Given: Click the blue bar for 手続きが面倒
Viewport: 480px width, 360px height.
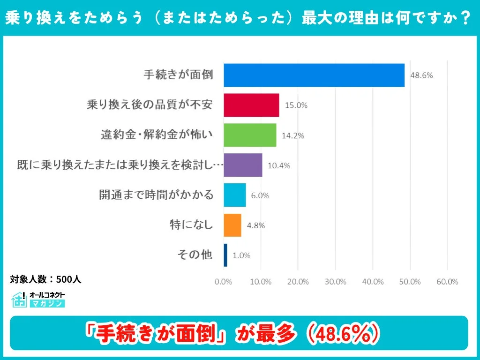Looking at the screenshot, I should tap(314, 75).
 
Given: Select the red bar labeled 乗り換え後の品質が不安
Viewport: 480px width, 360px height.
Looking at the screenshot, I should tap(251, 105).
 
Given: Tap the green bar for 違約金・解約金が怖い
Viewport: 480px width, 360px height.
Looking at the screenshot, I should tap(250, 135).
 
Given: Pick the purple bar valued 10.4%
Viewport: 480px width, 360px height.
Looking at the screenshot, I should tap(243, 165).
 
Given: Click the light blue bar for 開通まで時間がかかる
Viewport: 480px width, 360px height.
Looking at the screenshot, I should tap(234, 195).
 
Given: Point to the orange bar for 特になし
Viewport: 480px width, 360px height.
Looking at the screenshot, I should tap(232, 225).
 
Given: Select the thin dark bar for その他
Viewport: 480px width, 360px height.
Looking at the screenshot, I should tap(225, 255).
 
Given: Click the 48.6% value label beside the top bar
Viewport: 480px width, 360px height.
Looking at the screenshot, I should tap(421, 75).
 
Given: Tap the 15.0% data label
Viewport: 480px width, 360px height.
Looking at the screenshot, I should tap(296, 105).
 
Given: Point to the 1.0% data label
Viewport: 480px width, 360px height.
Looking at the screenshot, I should tap(241, 255).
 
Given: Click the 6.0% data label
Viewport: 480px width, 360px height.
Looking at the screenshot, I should tap(260, 195).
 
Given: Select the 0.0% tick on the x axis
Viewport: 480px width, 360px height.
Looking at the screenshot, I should tap(224, 282).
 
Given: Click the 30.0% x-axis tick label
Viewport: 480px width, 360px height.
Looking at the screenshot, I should tap(335, 282).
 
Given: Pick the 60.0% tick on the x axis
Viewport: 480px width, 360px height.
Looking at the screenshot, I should tap(447, 282).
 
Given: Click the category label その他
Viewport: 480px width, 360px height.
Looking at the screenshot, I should tap(195, 255).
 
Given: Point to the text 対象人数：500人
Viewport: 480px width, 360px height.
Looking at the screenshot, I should tap(46, 279).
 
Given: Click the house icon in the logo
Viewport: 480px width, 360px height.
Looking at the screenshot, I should tap(19, 300).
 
